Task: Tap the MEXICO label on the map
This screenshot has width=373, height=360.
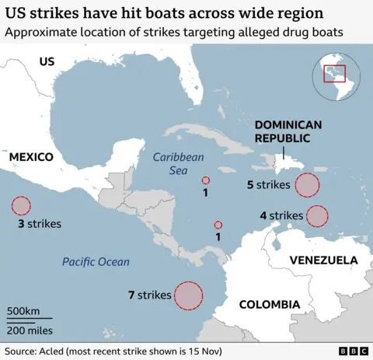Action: click(x=31, y=157)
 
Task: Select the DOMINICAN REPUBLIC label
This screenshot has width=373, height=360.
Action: click(x=283, y=131)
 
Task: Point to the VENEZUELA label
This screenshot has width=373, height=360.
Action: click(x=322, y=260)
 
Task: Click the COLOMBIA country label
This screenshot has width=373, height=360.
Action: click(x=269, y=304)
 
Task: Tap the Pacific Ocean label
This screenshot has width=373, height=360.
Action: click(x=96, y=261)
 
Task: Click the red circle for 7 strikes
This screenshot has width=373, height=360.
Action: click(x=188, y=295)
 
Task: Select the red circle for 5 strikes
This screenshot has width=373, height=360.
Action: click(x=308, y=185)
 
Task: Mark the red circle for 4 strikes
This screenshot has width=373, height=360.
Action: click(x=317, y=215)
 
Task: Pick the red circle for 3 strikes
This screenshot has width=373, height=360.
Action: click(x=21, y=206)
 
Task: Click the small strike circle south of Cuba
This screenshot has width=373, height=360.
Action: click(x=205, y=180)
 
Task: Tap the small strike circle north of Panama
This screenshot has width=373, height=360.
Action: click(x=218, y=225)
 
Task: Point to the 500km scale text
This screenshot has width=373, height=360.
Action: click(x=23, y=310)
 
